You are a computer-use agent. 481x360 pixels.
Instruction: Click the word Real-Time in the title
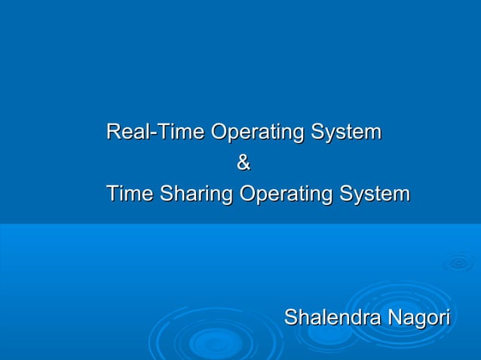click(156, 133)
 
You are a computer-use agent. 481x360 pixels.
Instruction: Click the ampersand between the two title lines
click(243, 163)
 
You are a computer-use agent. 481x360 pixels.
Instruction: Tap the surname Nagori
click(418, 318)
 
